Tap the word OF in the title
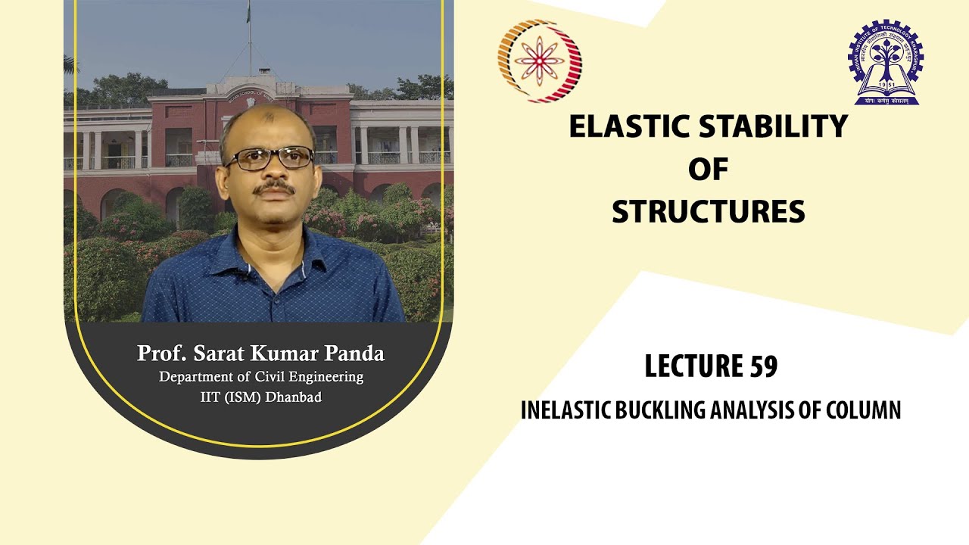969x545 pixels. point(708,170)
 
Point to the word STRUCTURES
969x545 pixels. point(708,213)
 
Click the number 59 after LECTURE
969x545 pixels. point(765,366)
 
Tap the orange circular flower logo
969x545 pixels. point(539,60)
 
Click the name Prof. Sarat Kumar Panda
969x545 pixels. point(260,353)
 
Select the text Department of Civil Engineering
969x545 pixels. point(260,376)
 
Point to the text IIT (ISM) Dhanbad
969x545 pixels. point(260,397)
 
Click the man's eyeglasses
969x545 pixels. point(269,157)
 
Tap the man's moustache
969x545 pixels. point(274,187)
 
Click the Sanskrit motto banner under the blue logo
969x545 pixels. point(885,98)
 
